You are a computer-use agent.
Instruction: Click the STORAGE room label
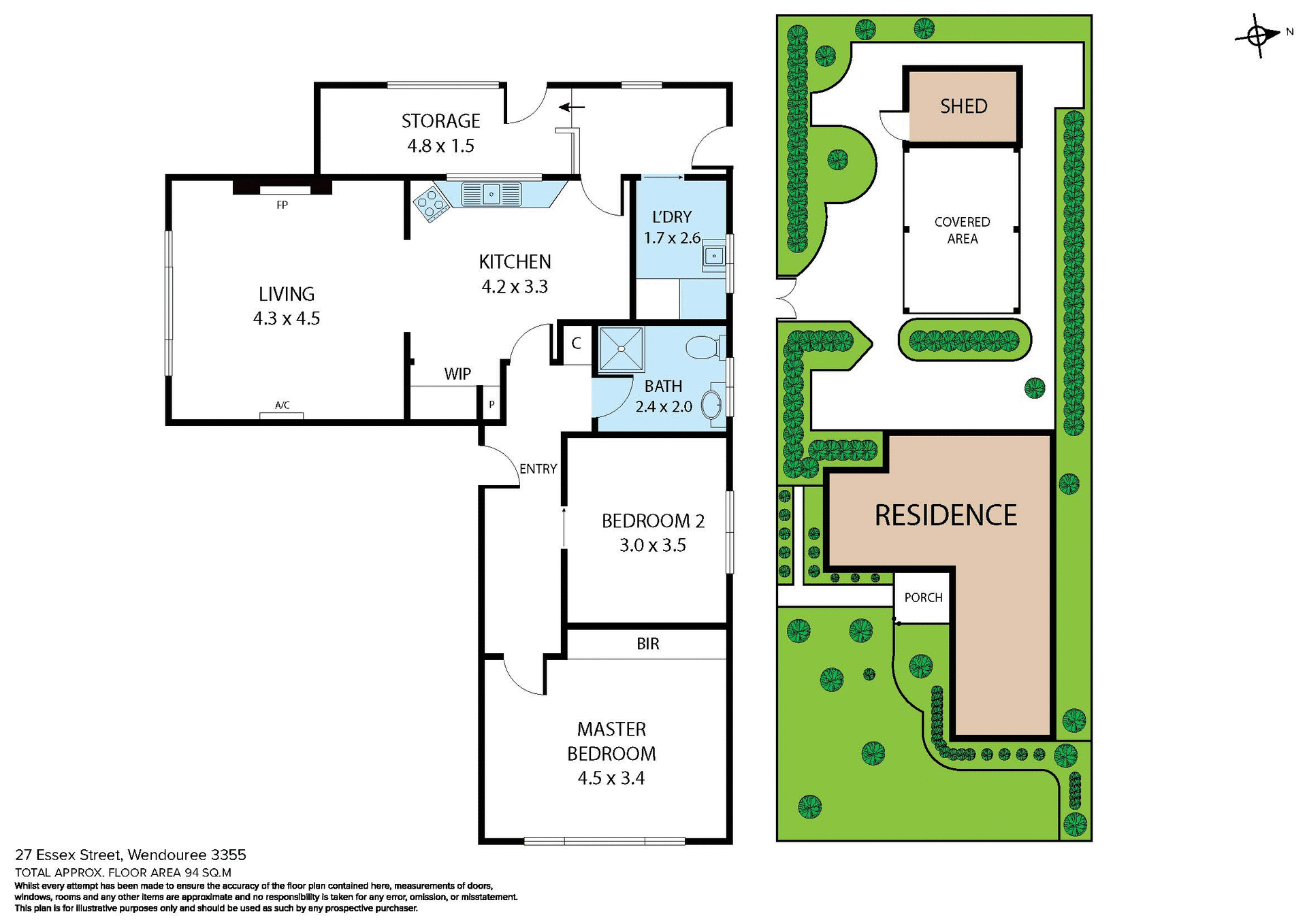440,121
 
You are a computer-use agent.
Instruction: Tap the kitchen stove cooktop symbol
430,203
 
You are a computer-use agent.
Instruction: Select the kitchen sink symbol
491,195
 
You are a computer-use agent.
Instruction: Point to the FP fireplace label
282,205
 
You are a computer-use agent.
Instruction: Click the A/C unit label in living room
282,406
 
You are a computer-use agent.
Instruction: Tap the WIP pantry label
457,374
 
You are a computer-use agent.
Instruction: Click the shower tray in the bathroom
621,349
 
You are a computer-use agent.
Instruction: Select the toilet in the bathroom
703,348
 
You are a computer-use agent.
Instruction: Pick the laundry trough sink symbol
713,256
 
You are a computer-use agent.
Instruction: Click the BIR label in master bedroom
647,644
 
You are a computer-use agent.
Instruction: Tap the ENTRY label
538,469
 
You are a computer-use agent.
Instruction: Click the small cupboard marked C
576,344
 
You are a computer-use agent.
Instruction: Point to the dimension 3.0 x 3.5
652,546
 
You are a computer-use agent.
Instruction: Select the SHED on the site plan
963,106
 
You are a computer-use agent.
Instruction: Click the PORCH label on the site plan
923,597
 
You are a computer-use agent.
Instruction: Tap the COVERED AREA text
962,230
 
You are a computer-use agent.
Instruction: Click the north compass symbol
1258,35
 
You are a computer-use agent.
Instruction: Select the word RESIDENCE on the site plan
945,516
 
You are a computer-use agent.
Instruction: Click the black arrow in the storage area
572,107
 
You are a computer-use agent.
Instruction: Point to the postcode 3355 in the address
229,855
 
